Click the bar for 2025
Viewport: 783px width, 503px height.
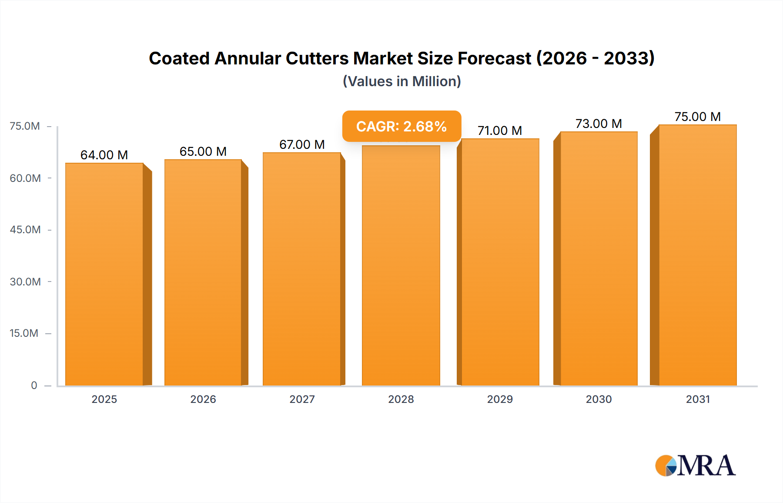(104, 274)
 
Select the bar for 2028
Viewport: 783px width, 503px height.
(401, 265)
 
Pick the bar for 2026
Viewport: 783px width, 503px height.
(203, 272)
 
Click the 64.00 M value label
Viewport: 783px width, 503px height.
(104, 155)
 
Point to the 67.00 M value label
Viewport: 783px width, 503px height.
(302, 144)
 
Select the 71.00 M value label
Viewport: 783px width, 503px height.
(499, 131)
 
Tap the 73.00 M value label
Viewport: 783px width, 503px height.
(599, 124)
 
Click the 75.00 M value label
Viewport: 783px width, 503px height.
(697, 117)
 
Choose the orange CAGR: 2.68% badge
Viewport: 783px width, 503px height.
(401, 126)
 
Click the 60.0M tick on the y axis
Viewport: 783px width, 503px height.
(25, 178)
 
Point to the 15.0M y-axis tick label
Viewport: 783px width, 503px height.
(24, 333)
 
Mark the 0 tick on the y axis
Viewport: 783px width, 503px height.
(34, 385)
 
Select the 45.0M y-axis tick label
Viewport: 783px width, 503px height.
(25, 230)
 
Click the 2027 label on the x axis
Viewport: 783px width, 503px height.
(302, 399)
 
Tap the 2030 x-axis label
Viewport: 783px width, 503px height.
(599, 399)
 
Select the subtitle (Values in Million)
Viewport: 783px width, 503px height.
(402, 81)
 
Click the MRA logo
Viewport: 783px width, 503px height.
(695, 466)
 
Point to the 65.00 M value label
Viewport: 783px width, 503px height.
(203, 151)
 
